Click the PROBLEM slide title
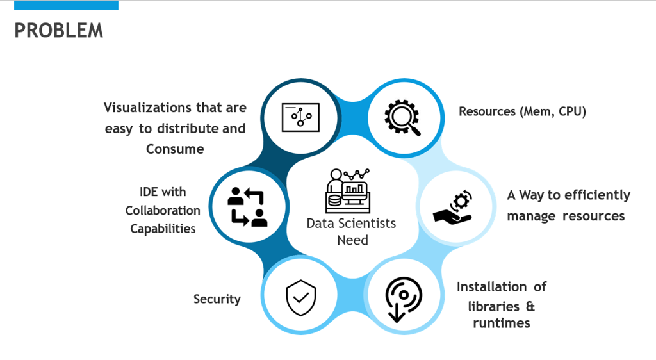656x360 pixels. pyautogui.click(x=58, y=31)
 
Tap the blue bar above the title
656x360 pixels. pyautogui.click(x=66, y=4)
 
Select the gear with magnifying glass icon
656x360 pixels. pyautogui.click(x=402, y=117)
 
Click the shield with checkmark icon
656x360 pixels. pyautogui.click(x=301, y=298)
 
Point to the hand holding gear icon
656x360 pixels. pyautogui.click(x=453, y=207)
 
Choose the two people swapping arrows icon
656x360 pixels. pyautogui.click(x=248, y=206)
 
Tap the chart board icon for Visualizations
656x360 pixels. pyautogui.click(x=300, y=117)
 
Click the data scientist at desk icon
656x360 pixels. pyautogui.click(x=348, y=191)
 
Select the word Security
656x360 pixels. pyautogui.click(x=217, y=299)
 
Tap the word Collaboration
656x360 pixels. pyautogui.click(x=163, y=210)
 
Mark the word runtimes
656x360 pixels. pyautogui.click(x=502, y=323)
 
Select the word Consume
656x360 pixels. pyautogui.click(x=175, y=149)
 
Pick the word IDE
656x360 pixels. pyautogui.click(x=149, y=192)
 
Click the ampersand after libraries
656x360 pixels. pyautogui.click(x=530, y=306)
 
